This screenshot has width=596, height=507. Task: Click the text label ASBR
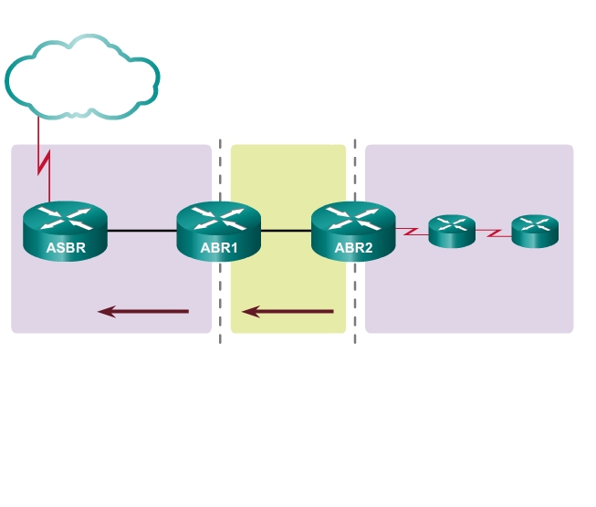64,246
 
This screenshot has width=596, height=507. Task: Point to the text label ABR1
219,246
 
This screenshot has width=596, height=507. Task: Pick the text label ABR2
353,246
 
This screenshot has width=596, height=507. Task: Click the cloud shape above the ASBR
82,78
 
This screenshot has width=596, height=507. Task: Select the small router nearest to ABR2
452,232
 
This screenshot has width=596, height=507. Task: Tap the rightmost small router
534,232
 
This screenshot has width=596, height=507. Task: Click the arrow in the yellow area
288,312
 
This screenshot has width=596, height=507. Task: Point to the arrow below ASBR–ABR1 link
143,312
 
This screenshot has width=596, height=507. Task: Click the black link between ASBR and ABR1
141,231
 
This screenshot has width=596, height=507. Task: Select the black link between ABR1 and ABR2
286,231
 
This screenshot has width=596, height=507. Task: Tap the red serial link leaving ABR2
413,232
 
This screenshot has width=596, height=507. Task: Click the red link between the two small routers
493,233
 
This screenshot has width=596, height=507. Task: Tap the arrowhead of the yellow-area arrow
249,312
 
